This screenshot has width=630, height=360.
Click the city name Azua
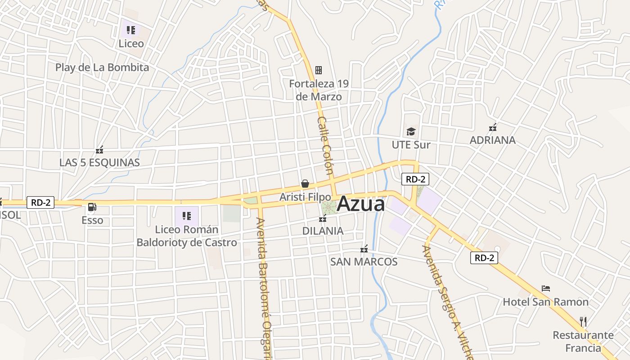coord(360,204)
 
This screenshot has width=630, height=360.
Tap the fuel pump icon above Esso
coord(92,207)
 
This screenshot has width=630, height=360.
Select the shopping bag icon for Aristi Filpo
coord(305,184)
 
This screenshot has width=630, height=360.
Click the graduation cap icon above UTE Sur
coord(411,131)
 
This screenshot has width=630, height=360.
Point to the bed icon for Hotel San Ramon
coord(546,288)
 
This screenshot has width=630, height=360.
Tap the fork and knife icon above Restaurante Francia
coord(583,321)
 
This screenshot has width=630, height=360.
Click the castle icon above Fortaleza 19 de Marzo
coord(319,70)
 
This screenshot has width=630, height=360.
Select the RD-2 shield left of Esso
coord(40,202)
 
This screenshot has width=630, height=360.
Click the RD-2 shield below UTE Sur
coord(415,179)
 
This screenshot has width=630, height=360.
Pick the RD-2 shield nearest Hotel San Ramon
coord(484,258)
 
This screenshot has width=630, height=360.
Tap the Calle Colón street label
coord(325,145)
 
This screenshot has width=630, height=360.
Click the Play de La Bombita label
coord(102,67)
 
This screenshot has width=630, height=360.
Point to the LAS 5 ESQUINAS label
coord(99,162)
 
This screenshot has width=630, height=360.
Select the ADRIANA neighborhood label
coord(492,140)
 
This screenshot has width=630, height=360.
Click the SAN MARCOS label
coord(364,261)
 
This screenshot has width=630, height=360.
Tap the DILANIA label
coord(323,231)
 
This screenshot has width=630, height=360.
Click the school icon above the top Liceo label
coord(131,30)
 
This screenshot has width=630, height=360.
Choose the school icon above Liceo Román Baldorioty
coord(187,216)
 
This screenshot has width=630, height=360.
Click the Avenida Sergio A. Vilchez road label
coord(448,301)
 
